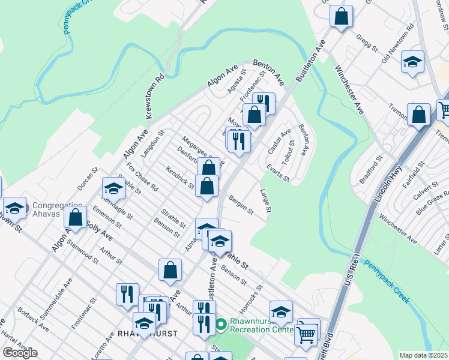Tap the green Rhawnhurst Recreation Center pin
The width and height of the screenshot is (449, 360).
(x=221, y=325)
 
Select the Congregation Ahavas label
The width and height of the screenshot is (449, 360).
(x=55, y=209)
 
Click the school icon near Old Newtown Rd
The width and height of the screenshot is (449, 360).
(x=412, y=62)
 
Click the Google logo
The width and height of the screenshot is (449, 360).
(x=20, y=353)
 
